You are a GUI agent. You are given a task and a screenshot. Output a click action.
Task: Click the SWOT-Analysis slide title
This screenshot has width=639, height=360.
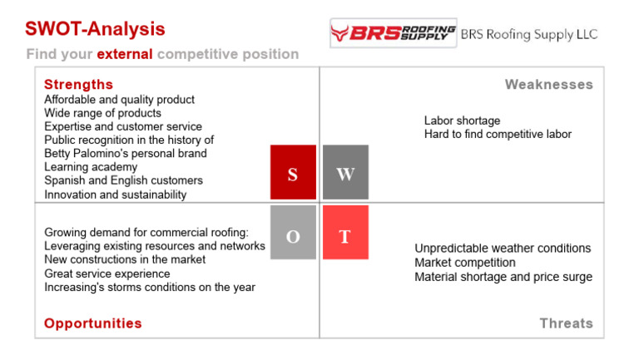point(95,29)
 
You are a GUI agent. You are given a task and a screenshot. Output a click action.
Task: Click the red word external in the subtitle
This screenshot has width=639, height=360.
point(125,54)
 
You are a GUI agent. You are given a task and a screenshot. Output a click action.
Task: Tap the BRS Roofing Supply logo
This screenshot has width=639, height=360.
point(393,33)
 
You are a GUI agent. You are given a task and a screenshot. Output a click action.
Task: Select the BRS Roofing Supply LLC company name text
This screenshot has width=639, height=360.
point(529,35)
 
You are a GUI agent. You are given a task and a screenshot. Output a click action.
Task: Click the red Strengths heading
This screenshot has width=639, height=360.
point(78,85)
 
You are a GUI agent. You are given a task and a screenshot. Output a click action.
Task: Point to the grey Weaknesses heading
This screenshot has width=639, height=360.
point(548,85)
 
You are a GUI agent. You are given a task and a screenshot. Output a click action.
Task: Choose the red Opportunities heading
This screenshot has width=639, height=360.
point(92,323)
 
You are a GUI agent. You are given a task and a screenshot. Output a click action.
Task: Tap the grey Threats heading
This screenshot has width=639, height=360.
point(566,323)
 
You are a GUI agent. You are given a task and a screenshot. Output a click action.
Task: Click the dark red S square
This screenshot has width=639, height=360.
point(293,172)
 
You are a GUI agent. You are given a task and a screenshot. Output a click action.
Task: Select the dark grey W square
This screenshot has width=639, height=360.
point(345,172)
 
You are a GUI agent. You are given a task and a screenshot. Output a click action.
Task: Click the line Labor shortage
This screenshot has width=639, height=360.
point(462,121)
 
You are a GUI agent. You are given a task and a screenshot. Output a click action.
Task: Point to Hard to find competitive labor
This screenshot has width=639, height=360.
point(498,134)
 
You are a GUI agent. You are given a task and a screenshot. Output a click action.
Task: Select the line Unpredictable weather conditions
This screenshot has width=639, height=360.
point(503,249)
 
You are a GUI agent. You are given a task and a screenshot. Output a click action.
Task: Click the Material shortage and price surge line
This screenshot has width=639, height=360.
point(503,277)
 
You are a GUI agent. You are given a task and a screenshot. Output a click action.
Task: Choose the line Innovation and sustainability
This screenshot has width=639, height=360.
point(115,195)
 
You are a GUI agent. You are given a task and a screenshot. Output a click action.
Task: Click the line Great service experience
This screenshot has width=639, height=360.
point(106,274)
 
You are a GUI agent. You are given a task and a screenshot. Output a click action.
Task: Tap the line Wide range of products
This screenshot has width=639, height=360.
point(102,113)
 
